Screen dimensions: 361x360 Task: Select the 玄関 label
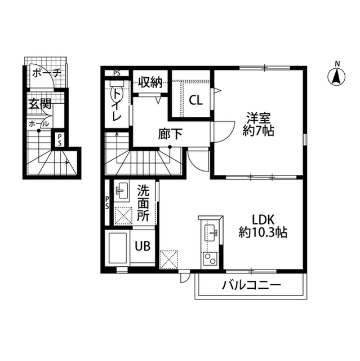pos(40,104)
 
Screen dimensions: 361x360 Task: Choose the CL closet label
pos(195,101)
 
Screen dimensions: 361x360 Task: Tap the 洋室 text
pos(259,120)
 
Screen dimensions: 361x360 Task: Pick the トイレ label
pos(117,105)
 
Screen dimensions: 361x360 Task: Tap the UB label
pos(142,246)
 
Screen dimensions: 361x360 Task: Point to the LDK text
pos(263,219)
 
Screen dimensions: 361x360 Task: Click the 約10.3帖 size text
pos(263,232)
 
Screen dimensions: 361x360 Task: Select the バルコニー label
pos(251,285)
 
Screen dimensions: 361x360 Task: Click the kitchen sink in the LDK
pos(212,232)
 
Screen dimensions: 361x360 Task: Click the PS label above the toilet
pos(117,73)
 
